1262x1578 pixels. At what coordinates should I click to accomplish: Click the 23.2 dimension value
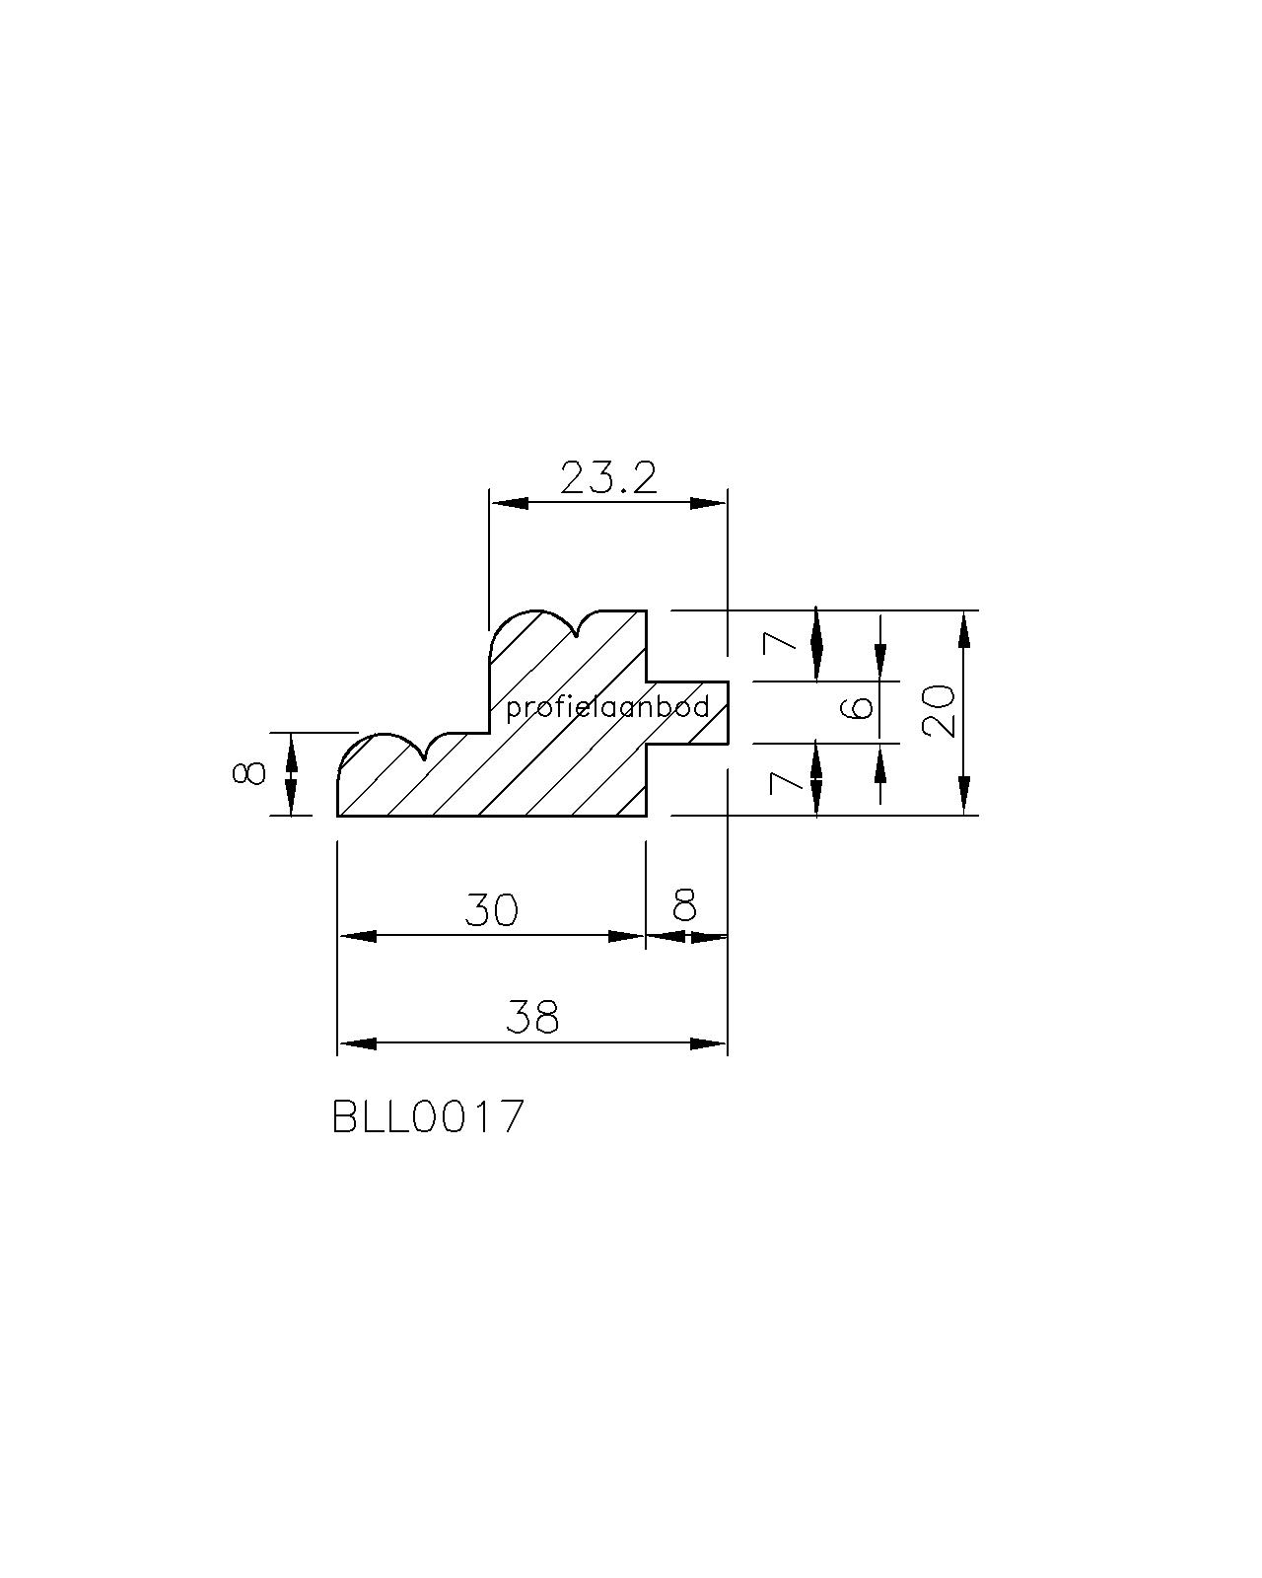click(x=608, y=478)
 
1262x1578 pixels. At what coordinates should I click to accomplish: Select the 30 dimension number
click(x=491, y=910)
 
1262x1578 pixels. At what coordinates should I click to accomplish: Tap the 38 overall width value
click(x=532, y=1017)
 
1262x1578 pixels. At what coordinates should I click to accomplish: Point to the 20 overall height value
click(x=940, y=711)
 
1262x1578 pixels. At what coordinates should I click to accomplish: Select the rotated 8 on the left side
click(x=248, y=773)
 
